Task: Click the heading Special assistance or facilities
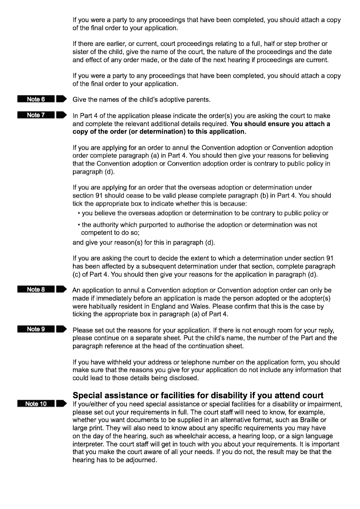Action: [x=198, y=396]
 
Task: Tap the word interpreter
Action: [x=88, y=444]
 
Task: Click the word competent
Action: [x=97, y=233]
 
